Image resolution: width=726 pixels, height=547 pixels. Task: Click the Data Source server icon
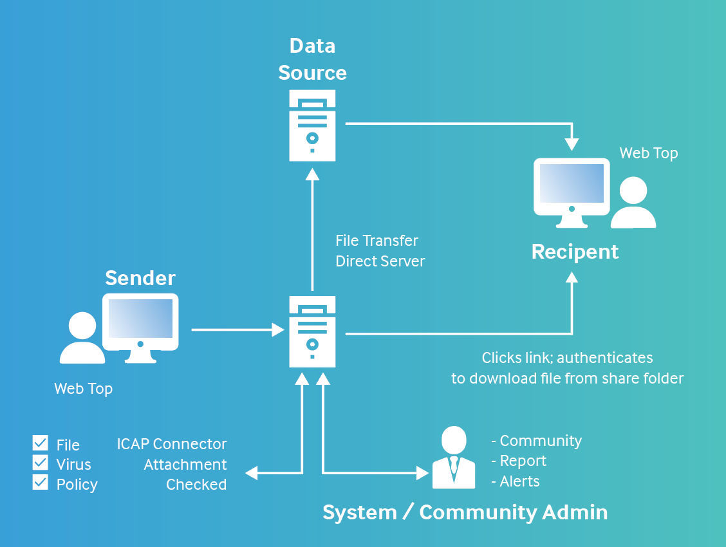click(312, 125)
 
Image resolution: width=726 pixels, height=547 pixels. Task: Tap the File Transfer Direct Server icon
click(312, 331)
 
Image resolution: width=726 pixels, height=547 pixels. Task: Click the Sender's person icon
click(82, 338)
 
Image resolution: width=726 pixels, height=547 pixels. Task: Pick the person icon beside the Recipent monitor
click(633, 203)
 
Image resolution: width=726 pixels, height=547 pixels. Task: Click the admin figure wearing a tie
click(454, 458)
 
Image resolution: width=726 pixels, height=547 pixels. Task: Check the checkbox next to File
click(41, 443)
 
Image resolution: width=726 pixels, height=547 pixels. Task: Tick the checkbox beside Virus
click(41, 463)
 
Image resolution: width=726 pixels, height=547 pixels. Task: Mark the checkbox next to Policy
click(41, 483)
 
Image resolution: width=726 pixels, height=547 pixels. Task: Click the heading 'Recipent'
click(575, 252)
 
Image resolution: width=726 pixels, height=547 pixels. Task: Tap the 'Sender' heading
click(140, 278)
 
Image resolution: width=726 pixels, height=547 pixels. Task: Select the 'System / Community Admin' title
click(465, 512)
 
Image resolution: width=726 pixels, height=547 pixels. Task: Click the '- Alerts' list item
click(515, 481)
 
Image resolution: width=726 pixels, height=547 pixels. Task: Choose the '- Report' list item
click(518, 461)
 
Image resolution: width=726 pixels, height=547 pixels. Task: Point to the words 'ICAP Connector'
click(172, 444)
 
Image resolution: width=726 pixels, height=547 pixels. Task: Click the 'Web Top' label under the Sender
click(83, 389)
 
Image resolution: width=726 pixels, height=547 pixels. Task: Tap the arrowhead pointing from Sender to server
click(278, 330)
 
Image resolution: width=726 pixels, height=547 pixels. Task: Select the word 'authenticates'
click(605, 358)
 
